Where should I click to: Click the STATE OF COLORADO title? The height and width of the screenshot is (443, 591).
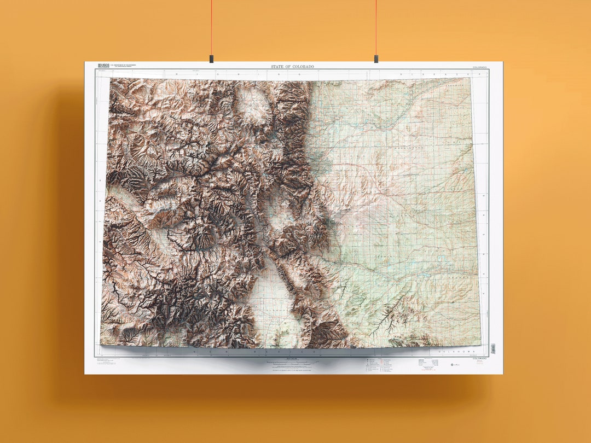[x=293, y=67]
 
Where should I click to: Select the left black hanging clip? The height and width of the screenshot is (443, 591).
[x=211, y=57]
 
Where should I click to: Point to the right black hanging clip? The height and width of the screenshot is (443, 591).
[x=375, y=57]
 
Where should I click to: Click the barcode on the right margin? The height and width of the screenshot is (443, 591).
[x=493, y=348]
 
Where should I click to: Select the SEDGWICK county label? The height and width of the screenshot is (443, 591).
[x=454, y=86]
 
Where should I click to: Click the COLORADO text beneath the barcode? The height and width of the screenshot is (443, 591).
[x=481, y=359]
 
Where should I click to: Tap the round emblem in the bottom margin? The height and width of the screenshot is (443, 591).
[x=453, y=364]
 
